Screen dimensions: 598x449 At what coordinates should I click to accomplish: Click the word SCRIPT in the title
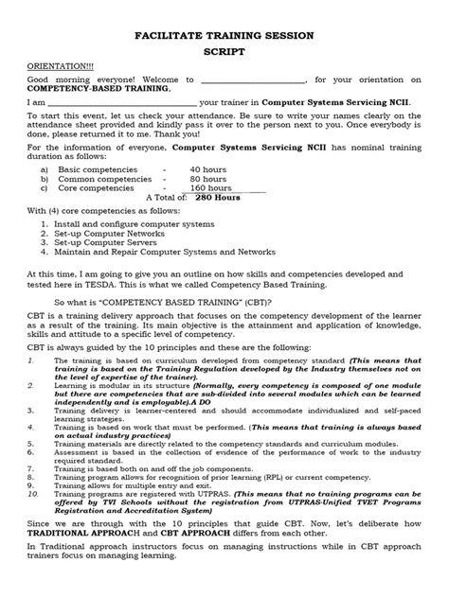click(224, 55)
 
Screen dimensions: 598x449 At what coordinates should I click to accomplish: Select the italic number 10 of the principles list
click(33, 519)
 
